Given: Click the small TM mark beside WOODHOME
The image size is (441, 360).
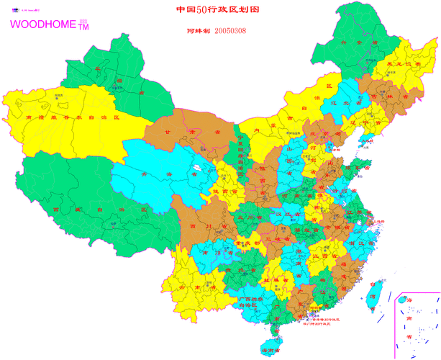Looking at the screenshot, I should [x=83, y=27].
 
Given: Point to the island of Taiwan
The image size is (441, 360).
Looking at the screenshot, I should [x=375, y=296].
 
